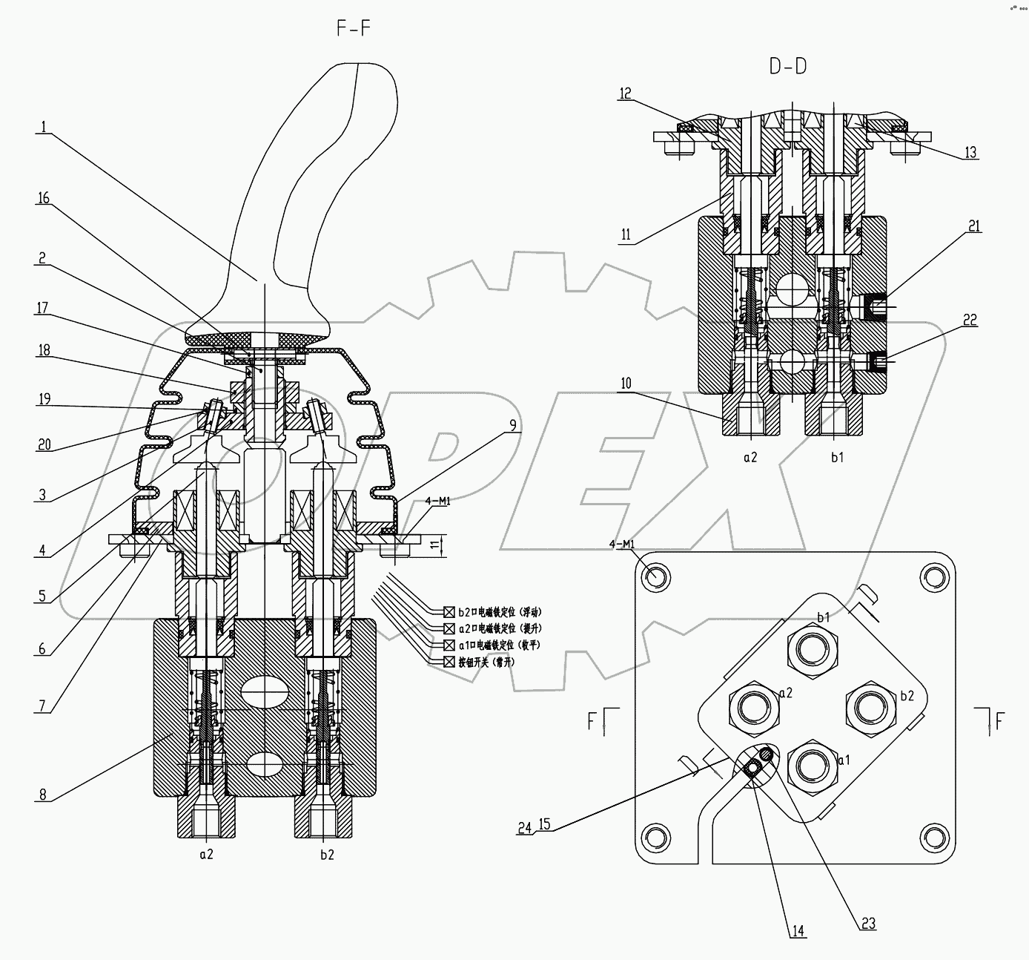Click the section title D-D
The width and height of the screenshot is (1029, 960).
tap(787, 67)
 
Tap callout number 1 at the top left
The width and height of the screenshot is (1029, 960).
tap(44, 128)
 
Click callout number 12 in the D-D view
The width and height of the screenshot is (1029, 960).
tap(626, 93)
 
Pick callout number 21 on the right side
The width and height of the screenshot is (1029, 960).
tap(973, 227)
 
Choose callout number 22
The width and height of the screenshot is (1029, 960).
tap(970, 320)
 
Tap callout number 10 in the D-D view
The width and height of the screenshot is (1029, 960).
tap(626, 384)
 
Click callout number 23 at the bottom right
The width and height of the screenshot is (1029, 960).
tap(868, 924)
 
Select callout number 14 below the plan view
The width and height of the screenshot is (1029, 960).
tap(798, 930)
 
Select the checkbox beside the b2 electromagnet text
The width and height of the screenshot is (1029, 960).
tap(449, 612)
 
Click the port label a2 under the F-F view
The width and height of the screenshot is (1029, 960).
tap(206, 854)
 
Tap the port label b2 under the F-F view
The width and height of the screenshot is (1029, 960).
tap(327, 854)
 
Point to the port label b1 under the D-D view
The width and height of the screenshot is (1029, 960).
tap(837, 458)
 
